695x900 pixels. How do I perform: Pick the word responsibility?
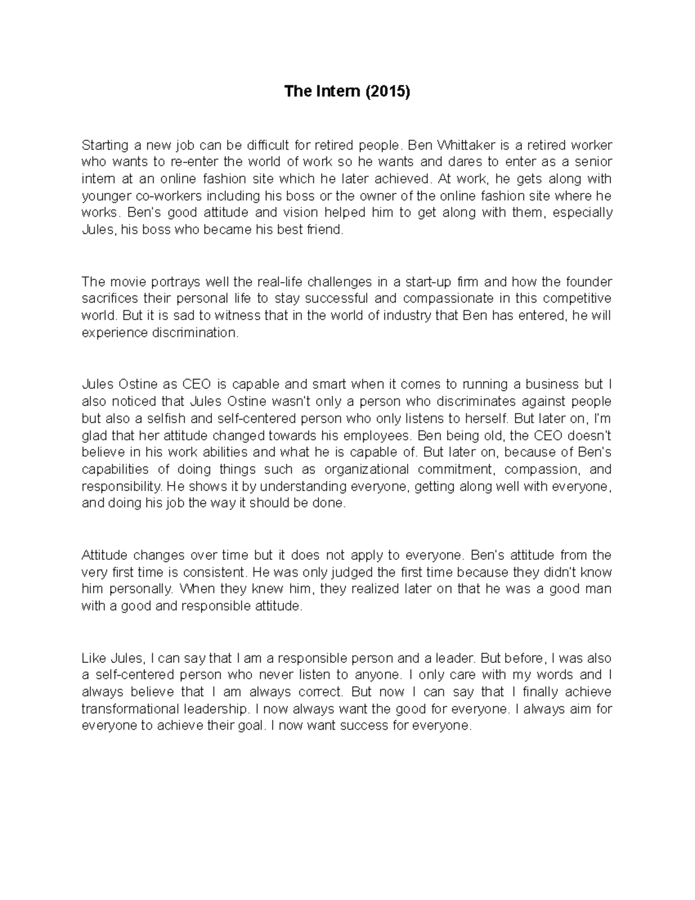[122, 487]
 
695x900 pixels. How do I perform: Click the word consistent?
[214, 573]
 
